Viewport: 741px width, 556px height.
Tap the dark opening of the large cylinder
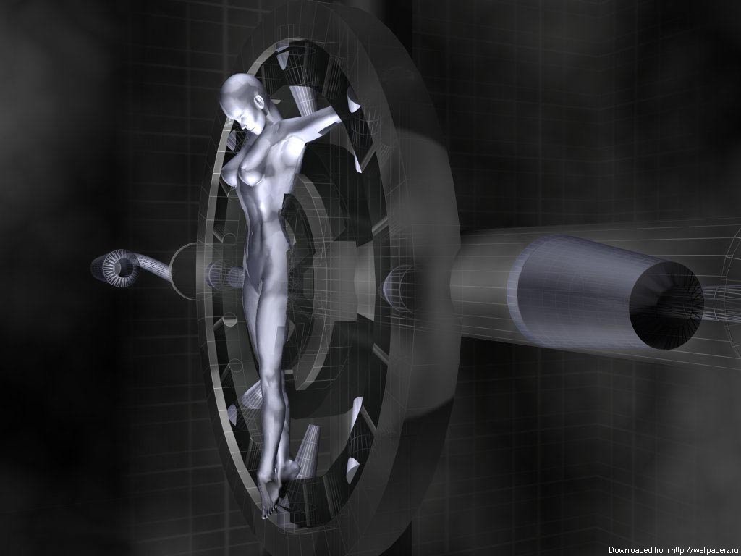coord(666,305)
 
